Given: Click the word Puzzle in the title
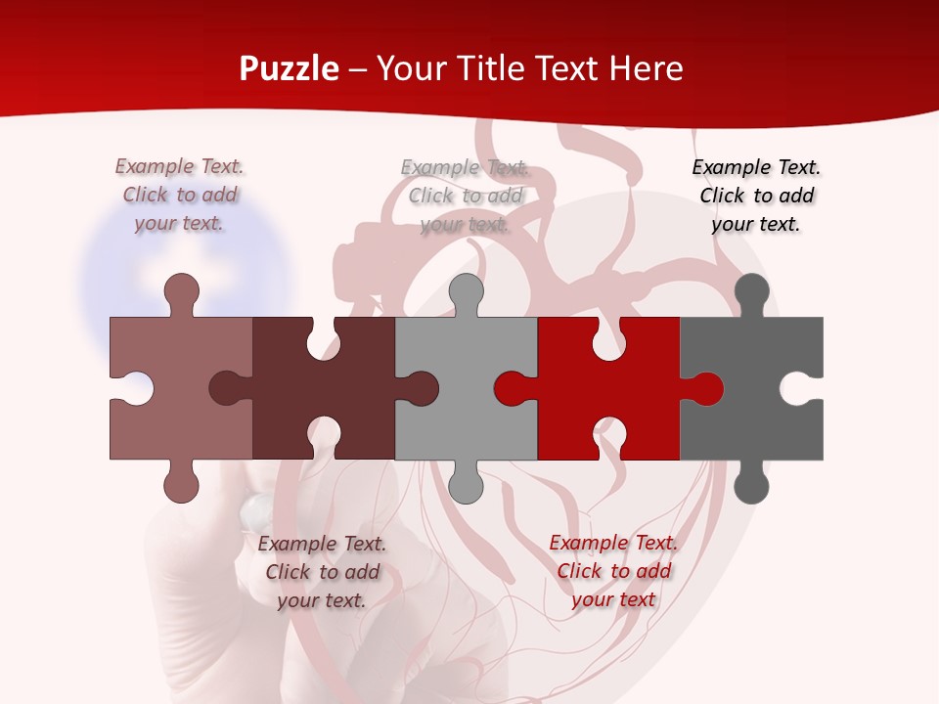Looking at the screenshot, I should pos(289,69).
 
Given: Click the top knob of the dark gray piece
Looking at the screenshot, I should pos(751,292).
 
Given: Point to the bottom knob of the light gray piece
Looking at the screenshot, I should pos(466,485).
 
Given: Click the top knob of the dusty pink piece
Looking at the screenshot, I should pos(181,292).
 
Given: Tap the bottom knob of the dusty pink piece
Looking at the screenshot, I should pos(181,485).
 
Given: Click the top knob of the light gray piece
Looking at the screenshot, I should pos(466,292).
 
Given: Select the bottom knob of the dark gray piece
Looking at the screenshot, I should pos(751,485).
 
